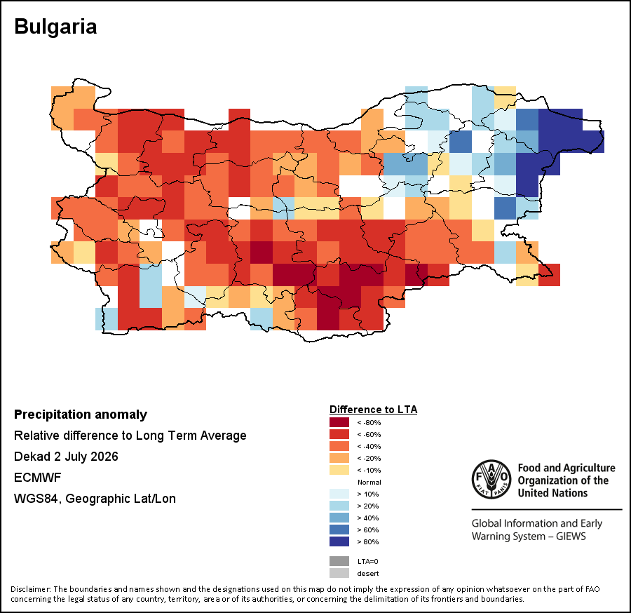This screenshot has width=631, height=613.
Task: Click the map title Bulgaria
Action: click(x=55, y=27)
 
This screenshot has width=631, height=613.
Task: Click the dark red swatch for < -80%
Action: click(x=339, y=422)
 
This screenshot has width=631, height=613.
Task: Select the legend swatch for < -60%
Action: click(x=339, y=434)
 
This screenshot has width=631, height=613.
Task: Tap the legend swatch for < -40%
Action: click(x=339, y=446)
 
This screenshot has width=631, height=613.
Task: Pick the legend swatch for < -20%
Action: click(x=339, y=458)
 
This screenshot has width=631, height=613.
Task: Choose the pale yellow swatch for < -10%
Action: click(x=339, y=470)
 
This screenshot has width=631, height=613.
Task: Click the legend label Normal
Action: click(x=369, y=482)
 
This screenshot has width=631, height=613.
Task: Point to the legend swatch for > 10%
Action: click(x=339, y=494)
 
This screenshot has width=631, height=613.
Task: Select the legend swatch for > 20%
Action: click(x=339, y=506)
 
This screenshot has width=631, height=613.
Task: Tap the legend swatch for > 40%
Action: click(x=339, y=518)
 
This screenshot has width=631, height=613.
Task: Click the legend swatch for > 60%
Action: click(x=339, y=530)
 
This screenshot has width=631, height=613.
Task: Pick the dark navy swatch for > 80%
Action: click(x=339, y=541)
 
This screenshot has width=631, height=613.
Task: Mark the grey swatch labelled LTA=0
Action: click(x=339, y=561)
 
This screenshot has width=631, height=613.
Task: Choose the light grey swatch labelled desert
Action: click(x=339, y=573)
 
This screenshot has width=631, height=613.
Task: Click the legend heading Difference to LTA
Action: click(x=373, y=410)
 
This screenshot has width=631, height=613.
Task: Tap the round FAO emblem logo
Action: click(x=491, y=479)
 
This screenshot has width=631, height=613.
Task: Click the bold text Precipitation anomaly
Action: click(x=81, y=415)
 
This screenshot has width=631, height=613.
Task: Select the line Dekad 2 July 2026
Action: click(x=66, y=457)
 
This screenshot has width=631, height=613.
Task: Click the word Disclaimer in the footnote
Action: click(x=30, y=589)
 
